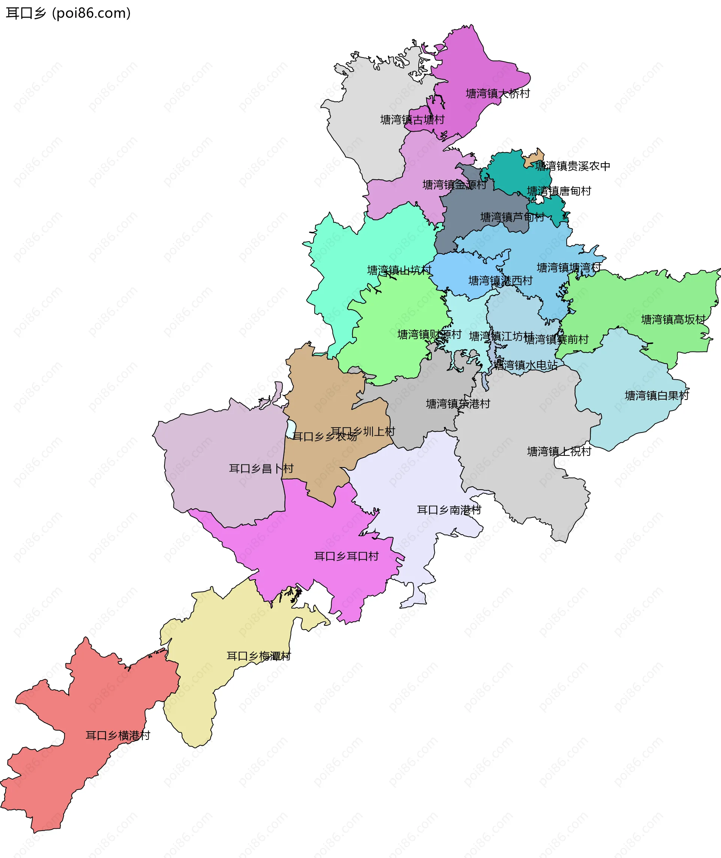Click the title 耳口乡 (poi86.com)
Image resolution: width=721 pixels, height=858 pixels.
click(68, 13)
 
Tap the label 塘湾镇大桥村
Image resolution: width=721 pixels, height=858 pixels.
click(498, 93)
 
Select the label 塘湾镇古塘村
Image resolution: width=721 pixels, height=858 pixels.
click(412, 120)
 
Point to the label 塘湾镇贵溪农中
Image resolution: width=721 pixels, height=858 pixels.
click(573, 166)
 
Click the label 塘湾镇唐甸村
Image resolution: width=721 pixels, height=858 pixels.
click(559, 191)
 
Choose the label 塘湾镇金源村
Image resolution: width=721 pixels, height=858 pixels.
click(454, 185)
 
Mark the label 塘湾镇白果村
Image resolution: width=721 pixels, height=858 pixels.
click(657, 395)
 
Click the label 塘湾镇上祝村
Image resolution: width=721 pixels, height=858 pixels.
click(559, 451)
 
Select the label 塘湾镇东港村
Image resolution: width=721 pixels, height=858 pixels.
click(458, 404)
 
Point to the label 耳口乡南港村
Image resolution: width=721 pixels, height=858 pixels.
click(449, 510)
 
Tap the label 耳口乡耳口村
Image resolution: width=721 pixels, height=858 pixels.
click(346, 556)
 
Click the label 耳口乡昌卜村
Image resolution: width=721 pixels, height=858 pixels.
click(261, 469)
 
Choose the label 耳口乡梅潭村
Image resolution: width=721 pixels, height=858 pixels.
click(259, 656)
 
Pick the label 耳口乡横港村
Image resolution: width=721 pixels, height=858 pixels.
click(118, 735)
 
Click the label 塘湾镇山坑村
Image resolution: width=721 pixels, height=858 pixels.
click(400, 270)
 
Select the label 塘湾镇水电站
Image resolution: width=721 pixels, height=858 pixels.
click(525, 365)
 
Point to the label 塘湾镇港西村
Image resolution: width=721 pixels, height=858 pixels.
click(501, 281)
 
